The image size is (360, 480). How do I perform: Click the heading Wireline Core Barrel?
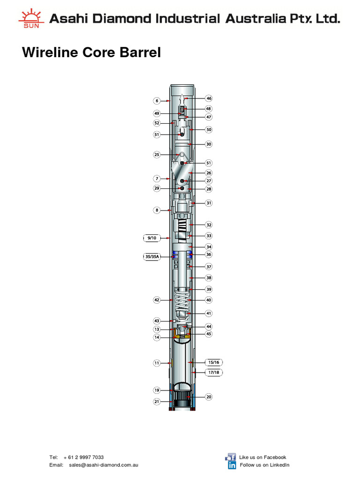coord(91,52)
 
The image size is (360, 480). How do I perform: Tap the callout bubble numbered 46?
coord(209,98)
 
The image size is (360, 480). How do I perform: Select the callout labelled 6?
coord(157,100)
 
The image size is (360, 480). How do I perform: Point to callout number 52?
coord(157,123)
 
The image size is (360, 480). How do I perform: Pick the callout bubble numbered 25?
coord(157,154)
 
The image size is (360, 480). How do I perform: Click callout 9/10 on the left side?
coord(151,238)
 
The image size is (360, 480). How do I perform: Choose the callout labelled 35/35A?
coord(151,256)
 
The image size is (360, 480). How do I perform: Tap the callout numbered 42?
coord(157,300)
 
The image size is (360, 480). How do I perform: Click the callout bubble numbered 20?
coord(209,397)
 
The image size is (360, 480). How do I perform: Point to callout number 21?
coord(157,401)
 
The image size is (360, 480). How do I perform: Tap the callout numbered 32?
coord(209,225)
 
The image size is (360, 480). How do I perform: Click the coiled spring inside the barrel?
coord(182,300)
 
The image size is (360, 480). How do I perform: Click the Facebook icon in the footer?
coord(231,457)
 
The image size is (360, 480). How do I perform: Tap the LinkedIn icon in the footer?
coord(232,465)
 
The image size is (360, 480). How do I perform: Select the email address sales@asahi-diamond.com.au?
coord(103,465)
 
